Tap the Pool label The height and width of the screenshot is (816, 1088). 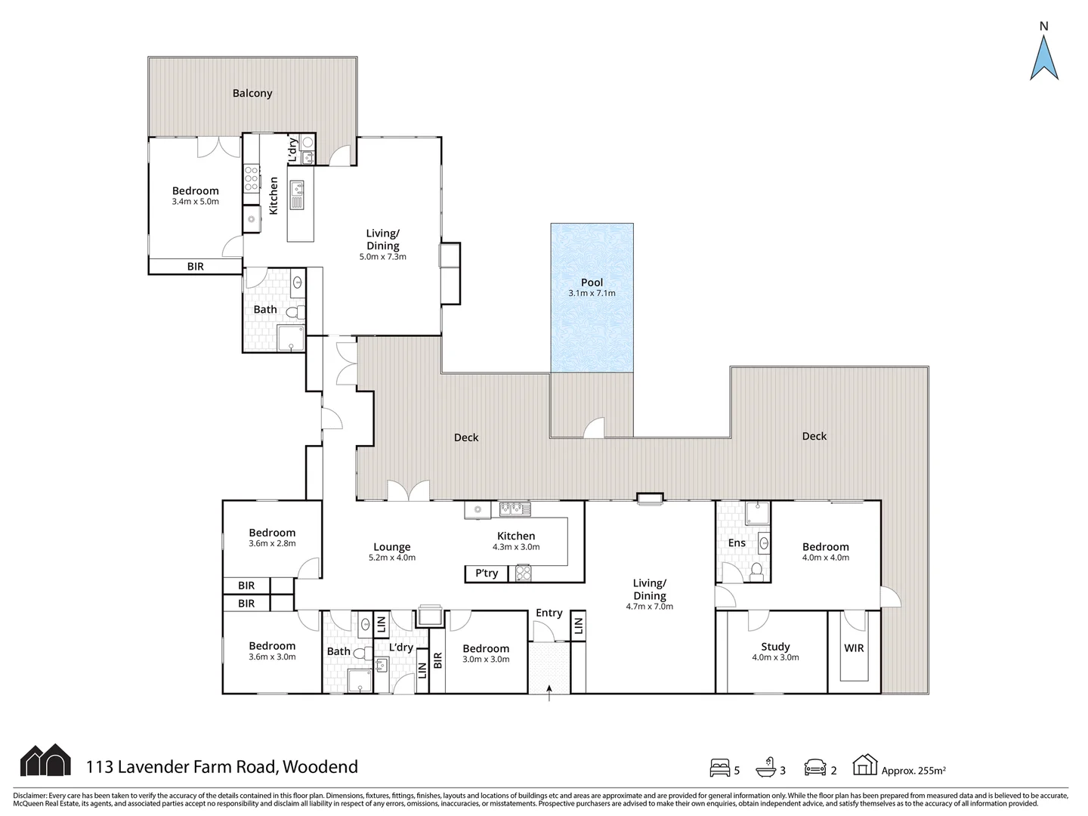click(x=592, y=283)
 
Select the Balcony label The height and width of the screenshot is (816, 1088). click(x=252, y=93)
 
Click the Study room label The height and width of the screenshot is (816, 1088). click(x=775, y=647)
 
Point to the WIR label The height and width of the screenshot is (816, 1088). click(x=854, y=648)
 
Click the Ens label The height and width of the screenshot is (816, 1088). click(x=737, y=543)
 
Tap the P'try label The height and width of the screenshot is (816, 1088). click(x=487, y=573)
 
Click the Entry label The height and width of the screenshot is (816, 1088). click(x=549, y=613)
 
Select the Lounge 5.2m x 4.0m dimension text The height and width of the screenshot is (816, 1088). click(x=392, y=558)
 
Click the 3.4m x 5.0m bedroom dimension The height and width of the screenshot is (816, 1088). click(x=195, y=202)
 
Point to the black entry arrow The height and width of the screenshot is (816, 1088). click(x=549, y=693)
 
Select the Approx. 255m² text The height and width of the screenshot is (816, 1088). click(x=913, y=771)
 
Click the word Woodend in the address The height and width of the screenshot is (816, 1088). click(x=320, y=767)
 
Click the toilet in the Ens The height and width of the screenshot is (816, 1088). click(x=756, y=572)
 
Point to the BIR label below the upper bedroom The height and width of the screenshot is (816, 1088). click(x=195, y=267)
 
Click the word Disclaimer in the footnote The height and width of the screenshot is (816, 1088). click(x=29, y=796)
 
